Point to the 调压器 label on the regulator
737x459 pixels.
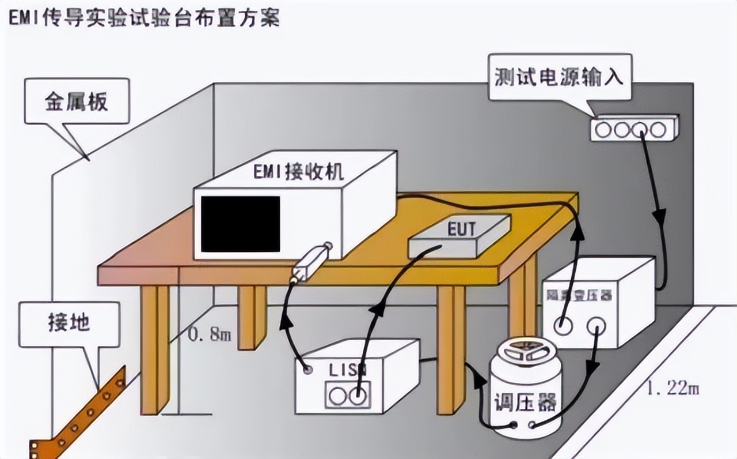[525, 402]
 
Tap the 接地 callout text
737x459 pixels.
[69, 322]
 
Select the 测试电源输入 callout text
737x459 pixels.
[559, 77]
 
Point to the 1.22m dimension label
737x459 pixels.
[673, 389]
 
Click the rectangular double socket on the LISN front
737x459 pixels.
[346, 397]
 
